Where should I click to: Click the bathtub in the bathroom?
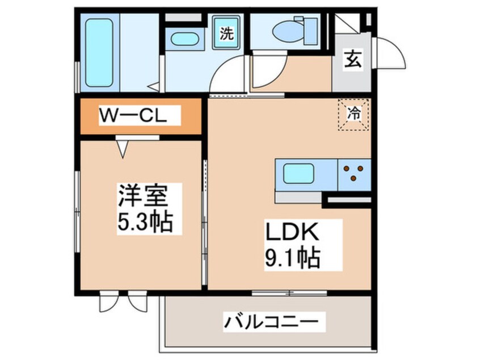pyautogui.click(x=99, y=52)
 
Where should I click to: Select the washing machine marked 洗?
pyautogui.click(x=226, y=34)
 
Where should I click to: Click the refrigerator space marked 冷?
pyautogui.click(x=354, y=114)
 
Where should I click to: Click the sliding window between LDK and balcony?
pyautogui.click(x=289, y=293)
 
